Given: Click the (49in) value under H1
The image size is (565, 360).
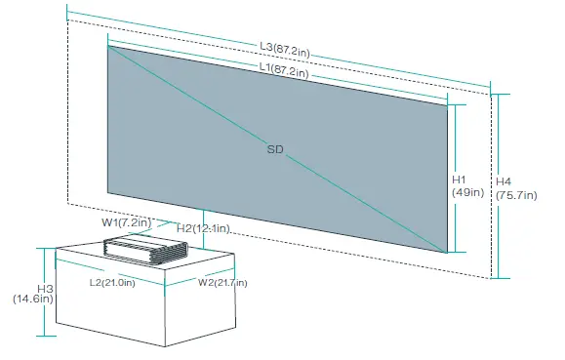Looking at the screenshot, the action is click(467, 192).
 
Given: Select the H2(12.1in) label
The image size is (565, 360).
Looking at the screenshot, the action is click(203, 228).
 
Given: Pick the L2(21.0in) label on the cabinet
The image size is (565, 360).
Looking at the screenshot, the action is click(111, 283).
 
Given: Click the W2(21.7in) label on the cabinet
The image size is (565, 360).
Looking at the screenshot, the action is click(222, 283).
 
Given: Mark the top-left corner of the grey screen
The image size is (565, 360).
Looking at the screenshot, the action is click(107, 45).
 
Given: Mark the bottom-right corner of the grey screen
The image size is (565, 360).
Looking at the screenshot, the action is click(447, 253).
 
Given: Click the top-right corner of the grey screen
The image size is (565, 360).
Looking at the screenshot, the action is click(448, 102).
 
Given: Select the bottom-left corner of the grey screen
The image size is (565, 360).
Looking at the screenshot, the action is click(107, 192).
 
